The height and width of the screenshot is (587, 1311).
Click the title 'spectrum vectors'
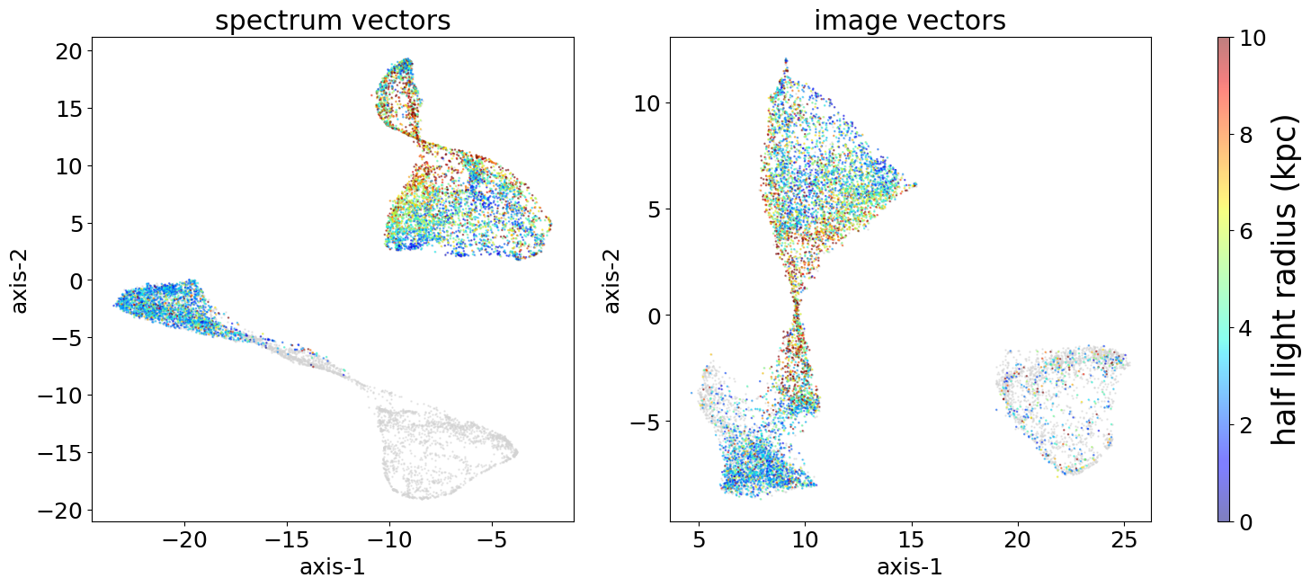coord(334,20)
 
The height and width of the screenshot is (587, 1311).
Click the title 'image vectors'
coord(910,20)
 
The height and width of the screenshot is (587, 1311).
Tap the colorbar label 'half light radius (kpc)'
coord(1288,280)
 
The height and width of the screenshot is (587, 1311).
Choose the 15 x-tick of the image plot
coord(912,540)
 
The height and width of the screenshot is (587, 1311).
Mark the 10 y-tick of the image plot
coord(647,103)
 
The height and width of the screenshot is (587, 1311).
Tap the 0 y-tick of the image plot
coord(653,316)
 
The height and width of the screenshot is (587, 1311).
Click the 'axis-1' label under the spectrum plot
coord(334,567)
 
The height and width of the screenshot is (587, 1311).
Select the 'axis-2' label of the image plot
coord(613,280)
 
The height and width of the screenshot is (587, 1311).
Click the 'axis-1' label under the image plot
coord(910,567)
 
